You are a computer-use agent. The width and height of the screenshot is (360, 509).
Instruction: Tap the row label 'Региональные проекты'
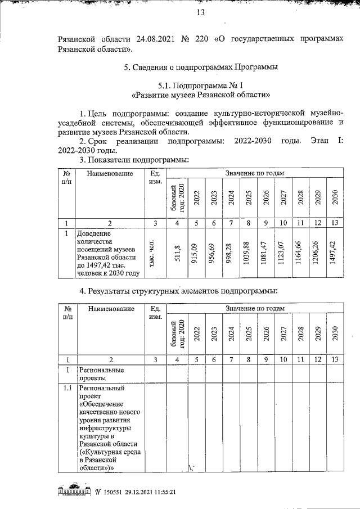101,374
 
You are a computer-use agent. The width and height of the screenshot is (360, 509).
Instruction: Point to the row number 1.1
67,389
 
